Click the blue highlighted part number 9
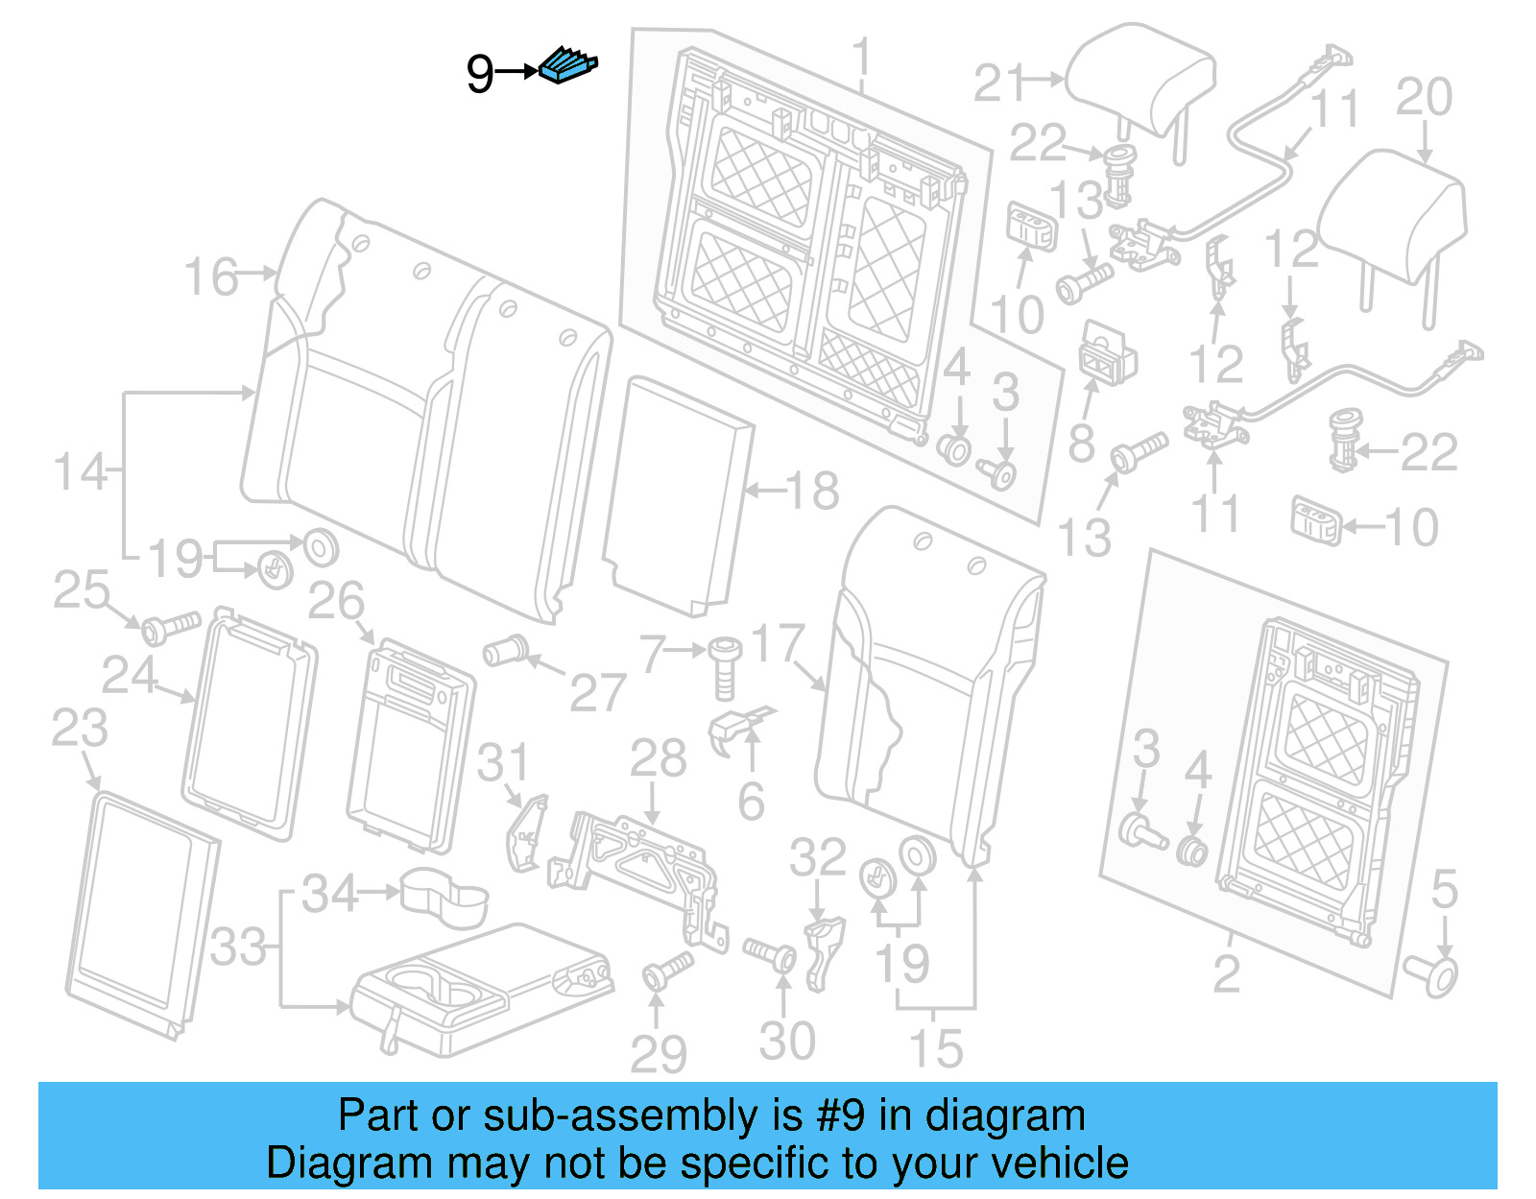568,65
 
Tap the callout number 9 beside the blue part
480,74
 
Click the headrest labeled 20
1394,216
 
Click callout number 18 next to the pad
813,492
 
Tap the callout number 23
79,729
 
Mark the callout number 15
935,1048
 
